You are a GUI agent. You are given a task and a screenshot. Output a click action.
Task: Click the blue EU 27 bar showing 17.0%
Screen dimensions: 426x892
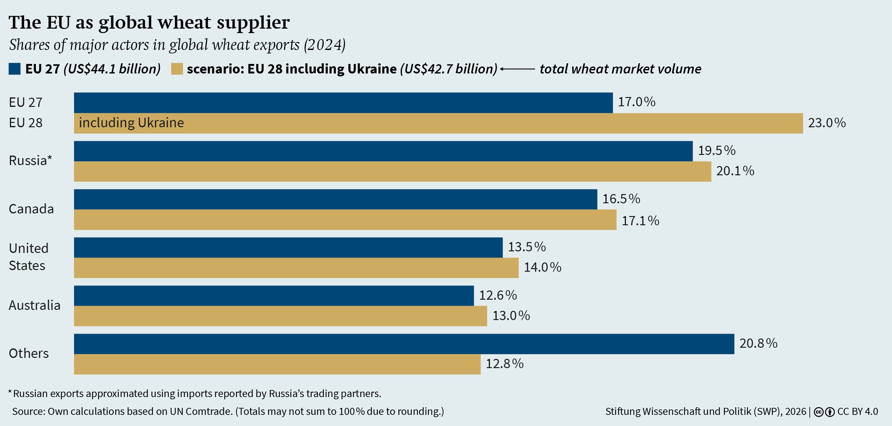(343, 102)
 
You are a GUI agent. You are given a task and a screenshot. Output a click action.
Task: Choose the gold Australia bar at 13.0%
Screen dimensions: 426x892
(280, 316)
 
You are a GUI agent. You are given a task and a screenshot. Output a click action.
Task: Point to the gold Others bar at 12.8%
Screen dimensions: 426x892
(277, 364)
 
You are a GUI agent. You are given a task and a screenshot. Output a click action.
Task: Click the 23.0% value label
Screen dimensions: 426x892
(827, 123)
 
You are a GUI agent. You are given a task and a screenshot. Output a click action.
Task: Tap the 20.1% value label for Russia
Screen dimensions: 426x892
(735, 171)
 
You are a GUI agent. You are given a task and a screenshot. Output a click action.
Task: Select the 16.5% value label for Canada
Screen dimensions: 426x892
(621, 199)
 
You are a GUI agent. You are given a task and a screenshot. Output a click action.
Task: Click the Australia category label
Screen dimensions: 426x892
(35, 305)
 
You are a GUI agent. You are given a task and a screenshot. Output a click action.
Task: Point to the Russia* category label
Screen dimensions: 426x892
(30, 160)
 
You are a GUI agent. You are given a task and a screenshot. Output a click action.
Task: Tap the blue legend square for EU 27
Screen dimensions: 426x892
(15, 69)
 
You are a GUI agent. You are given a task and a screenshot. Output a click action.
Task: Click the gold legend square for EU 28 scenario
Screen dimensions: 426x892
(177, 69)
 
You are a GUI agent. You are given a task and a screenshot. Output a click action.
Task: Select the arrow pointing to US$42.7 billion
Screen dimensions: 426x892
(517, 69)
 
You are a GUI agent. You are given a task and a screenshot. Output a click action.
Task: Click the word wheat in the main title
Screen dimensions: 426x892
(184, 23)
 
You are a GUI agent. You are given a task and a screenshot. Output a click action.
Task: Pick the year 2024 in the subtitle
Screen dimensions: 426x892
(324, 45)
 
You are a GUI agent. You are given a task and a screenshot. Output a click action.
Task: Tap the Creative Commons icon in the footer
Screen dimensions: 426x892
(818, 412)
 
